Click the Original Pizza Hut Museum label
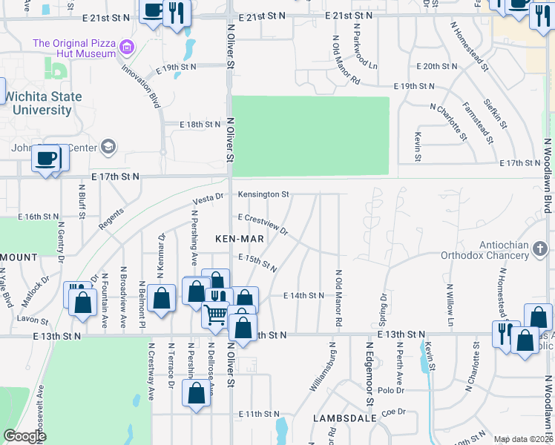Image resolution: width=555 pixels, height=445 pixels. (x=74, y=48)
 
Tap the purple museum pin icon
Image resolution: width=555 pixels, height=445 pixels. (x=127, y=49)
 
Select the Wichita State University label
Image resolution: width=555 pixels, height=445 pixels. (x=39, y=103)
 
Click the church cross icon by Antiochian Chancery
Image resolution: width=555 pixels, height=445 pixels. (x=540, y=248)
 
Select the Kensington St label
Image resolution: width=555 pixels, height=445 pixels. (x=263, y=194)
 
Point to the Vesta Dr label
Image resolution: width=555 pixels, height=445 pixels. (x=208, y=199)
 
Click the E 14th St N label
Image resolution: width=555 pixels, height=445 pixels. (x=304, y=295)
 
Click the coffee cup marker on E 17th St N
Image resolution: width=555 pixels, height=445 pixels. (x=47, y=158)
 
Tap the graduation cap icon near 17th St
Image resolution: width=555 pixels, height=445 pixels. (x=109, y=146)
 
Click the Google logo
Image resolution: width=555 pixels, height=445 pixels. (x=24, y=436)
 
